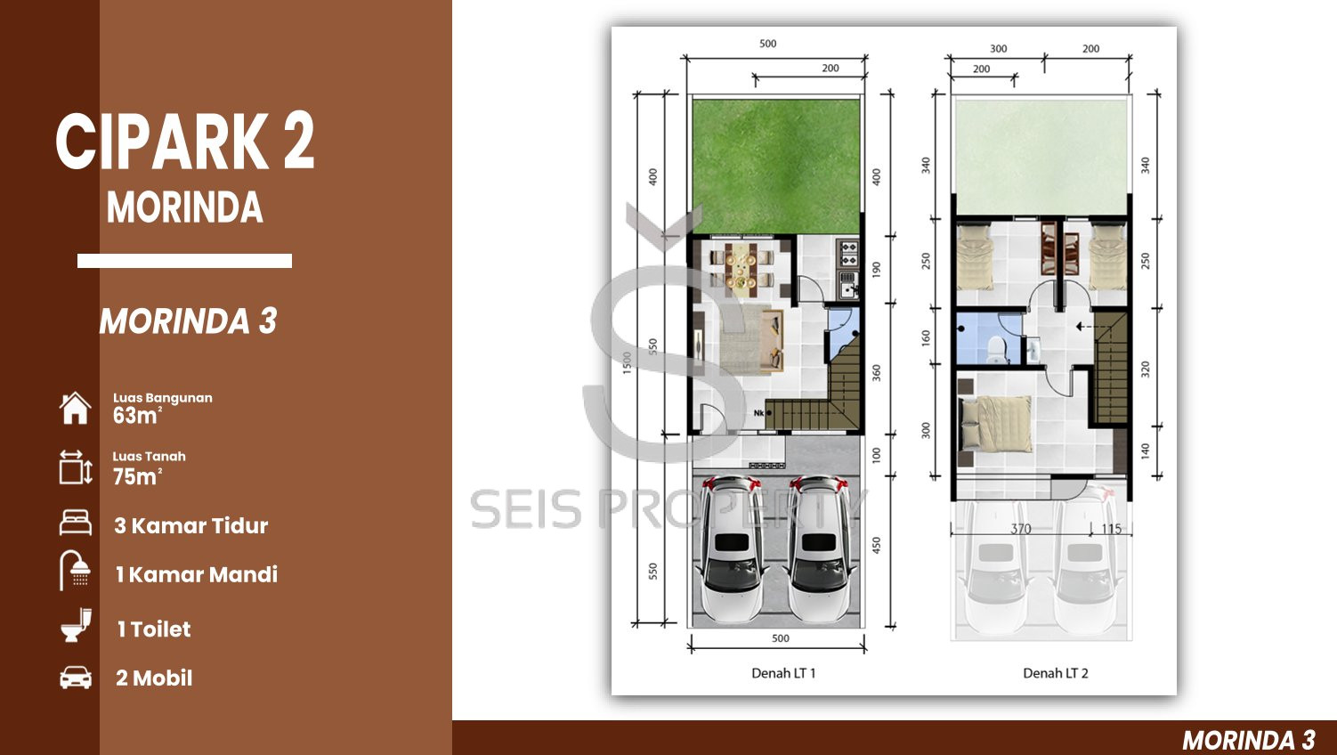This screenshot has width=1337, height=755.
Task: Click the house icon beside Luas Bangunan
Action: pos(75,409)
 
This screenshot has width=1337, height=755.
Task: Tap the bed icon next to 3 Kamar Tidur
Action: pos(76,523)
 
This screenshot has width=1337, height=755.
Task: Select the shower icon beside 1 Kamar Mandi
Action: pos(75,570)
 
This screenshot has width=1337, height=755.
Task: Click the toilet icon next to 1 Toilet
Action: pos(77,626)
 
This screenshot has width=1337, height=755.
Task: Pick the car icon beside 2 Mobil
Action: pos(76,678)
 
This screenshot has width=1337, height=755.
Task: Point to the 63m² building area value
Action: pos(137,416)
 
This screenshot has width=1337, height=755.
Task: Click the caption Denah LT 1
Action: pos(783,673)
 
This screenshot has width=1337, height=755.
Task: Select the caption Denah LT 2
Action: pos(1056,673)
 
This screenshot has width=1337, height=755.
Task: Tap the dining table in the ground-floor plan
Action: pos(741,269)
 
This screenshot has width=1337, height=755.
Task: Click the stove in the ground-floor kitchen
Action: pos(848,253)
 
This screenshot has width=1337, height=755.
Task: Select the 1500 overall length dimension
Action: pos(627,363)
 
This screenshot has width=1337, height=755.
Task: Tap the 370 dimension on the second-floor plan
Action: pos(1021,529)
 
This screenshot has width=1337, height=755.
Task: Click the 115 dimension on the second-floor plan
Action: pos(1112,529)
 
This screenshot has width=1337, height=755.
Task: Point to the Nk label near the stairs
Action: pos(758,413)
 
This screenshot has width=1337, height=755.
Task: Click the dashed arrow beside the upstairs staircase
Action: pos(1085,327)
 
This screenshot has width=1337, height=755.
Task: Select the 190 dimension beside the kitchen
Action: pos(876,269)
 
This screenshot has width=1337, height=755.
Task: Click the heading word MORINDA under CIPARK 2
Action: pos(185,207)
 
